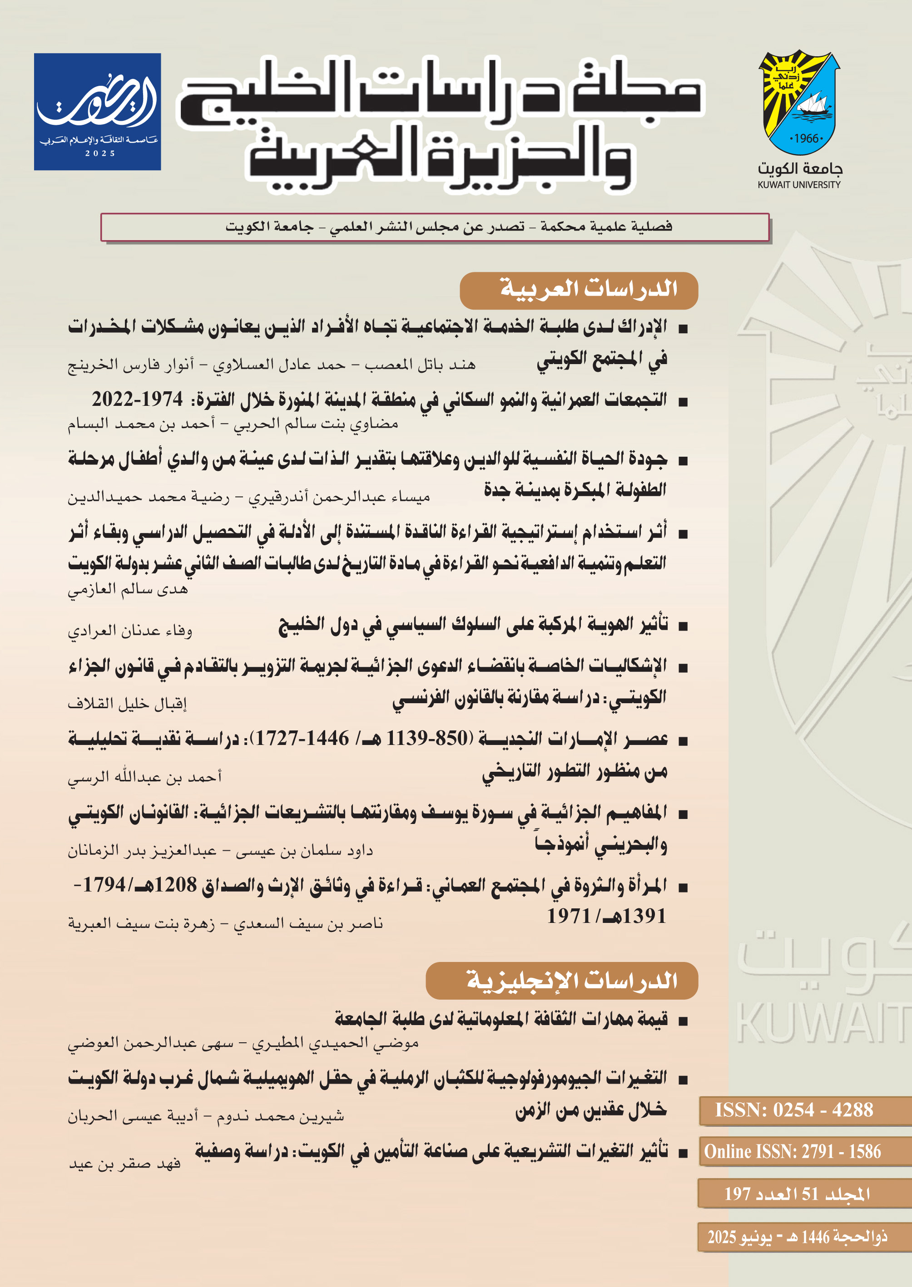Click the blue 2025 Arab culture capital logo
coord(97,112)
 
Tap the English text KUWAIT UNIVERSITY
coord(798,185)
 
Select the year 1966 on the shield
coord(806,138)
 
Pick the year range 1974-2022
coord(138,399)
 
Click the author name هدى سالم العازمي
coord(128,589)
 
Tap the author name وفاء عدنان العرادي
coord(130,631)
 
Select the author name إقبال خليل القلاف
coord(128,703)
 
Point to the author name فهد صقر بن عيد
coord(124,1163)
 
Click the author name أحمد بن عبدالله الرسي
coord(145,776)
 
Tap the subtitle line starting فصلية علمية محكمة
coord(448,227)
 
